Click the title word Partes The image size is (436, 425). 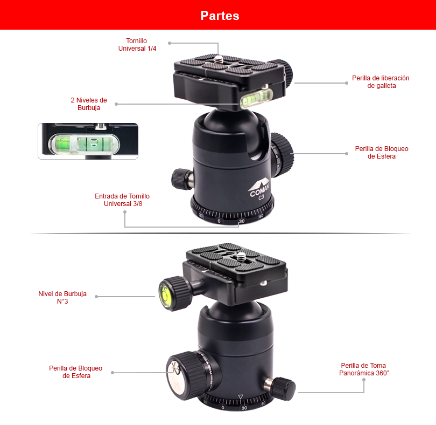(220, 16)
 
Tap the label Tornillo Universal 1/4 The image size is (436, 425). (137, 45)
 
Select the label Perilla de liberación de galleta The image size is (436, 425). (381, 81)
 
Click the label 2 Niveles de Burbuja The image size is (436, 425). (89, 104)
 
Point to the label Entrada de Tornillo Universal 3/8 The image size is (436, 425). (122, 200)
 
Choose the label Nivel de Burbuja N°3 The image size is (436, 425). (62, 297)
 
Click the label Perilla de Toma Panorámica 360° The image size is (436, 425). (364, 369)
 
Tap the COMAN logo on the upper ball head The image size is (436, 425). (259, 189)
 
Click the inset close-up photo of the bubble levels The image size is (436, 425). (88, 141)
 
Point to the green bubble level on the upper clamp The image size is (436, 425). (255, 98)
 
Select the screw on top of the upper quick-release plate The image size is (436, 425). (219, 59)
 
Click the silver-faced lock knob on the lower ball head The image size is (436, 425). (186, 376)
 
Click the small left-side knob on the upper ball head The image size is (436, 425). (182, 179)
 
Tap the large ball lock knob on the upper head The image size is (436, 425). (282, 155)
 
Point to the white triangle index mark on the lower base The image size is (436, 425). (241, 396)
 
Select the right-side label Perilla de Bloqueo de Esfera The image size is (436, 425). (382, 153)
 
